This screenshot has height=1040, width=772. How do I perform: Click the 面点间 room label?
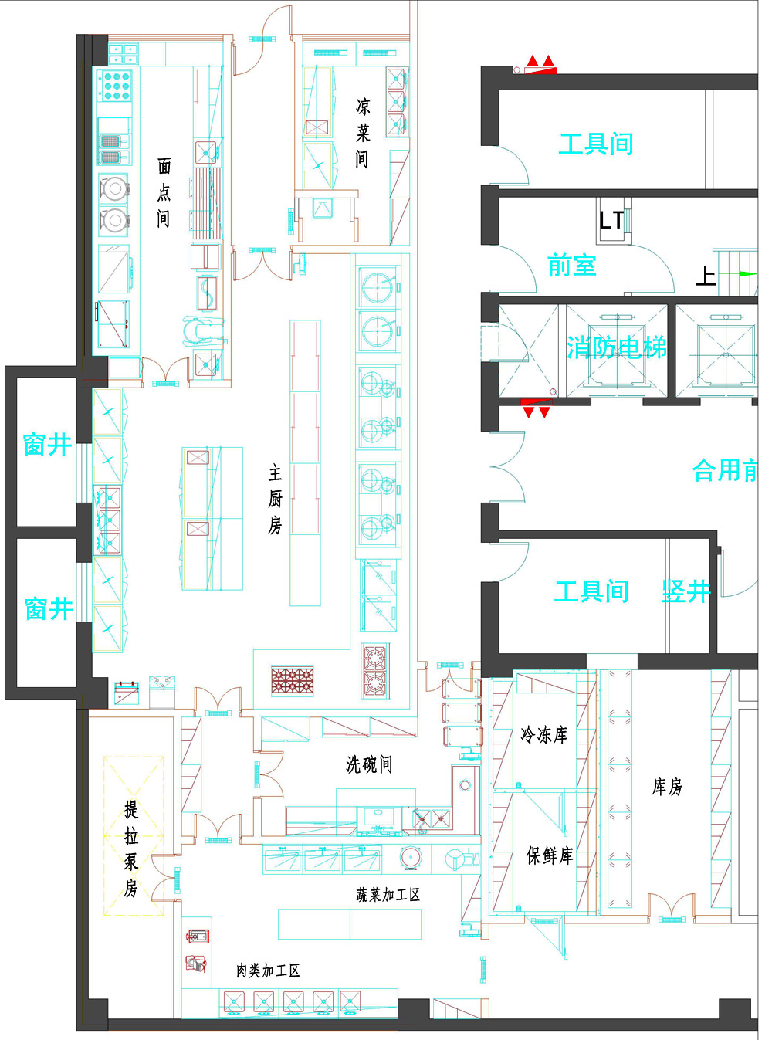164,192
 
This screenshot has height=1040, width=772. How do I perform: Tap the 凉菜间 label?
362,133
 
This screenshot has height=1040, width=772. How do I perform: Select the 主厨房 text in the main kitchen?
276,499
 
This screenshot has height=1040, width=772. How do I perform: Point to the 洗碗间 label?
369,764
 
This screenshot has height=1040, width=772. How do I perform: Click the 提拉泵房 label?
131,849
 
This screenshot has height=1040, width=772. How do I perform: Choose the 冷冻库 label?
544,735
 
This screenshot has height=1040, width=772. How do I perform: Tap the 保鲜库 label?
550,855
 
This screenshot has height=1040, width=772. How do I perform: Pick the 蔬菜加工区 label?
388,895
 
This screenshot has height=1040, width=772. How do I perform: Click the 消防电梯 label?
616,347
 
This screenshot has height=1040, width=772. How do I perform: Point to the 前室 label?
572,265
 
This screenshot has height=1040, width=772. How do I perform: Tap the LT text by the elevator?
611,220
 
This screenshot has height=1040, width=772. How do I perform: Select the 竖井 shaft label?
686,591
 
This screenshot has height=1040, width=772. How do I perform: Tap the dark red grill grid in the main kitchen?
292,681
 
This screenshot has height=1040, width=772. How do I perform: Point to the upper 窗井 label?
47,445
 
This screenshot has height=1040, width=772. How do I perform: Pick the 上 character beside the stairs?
706,276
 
